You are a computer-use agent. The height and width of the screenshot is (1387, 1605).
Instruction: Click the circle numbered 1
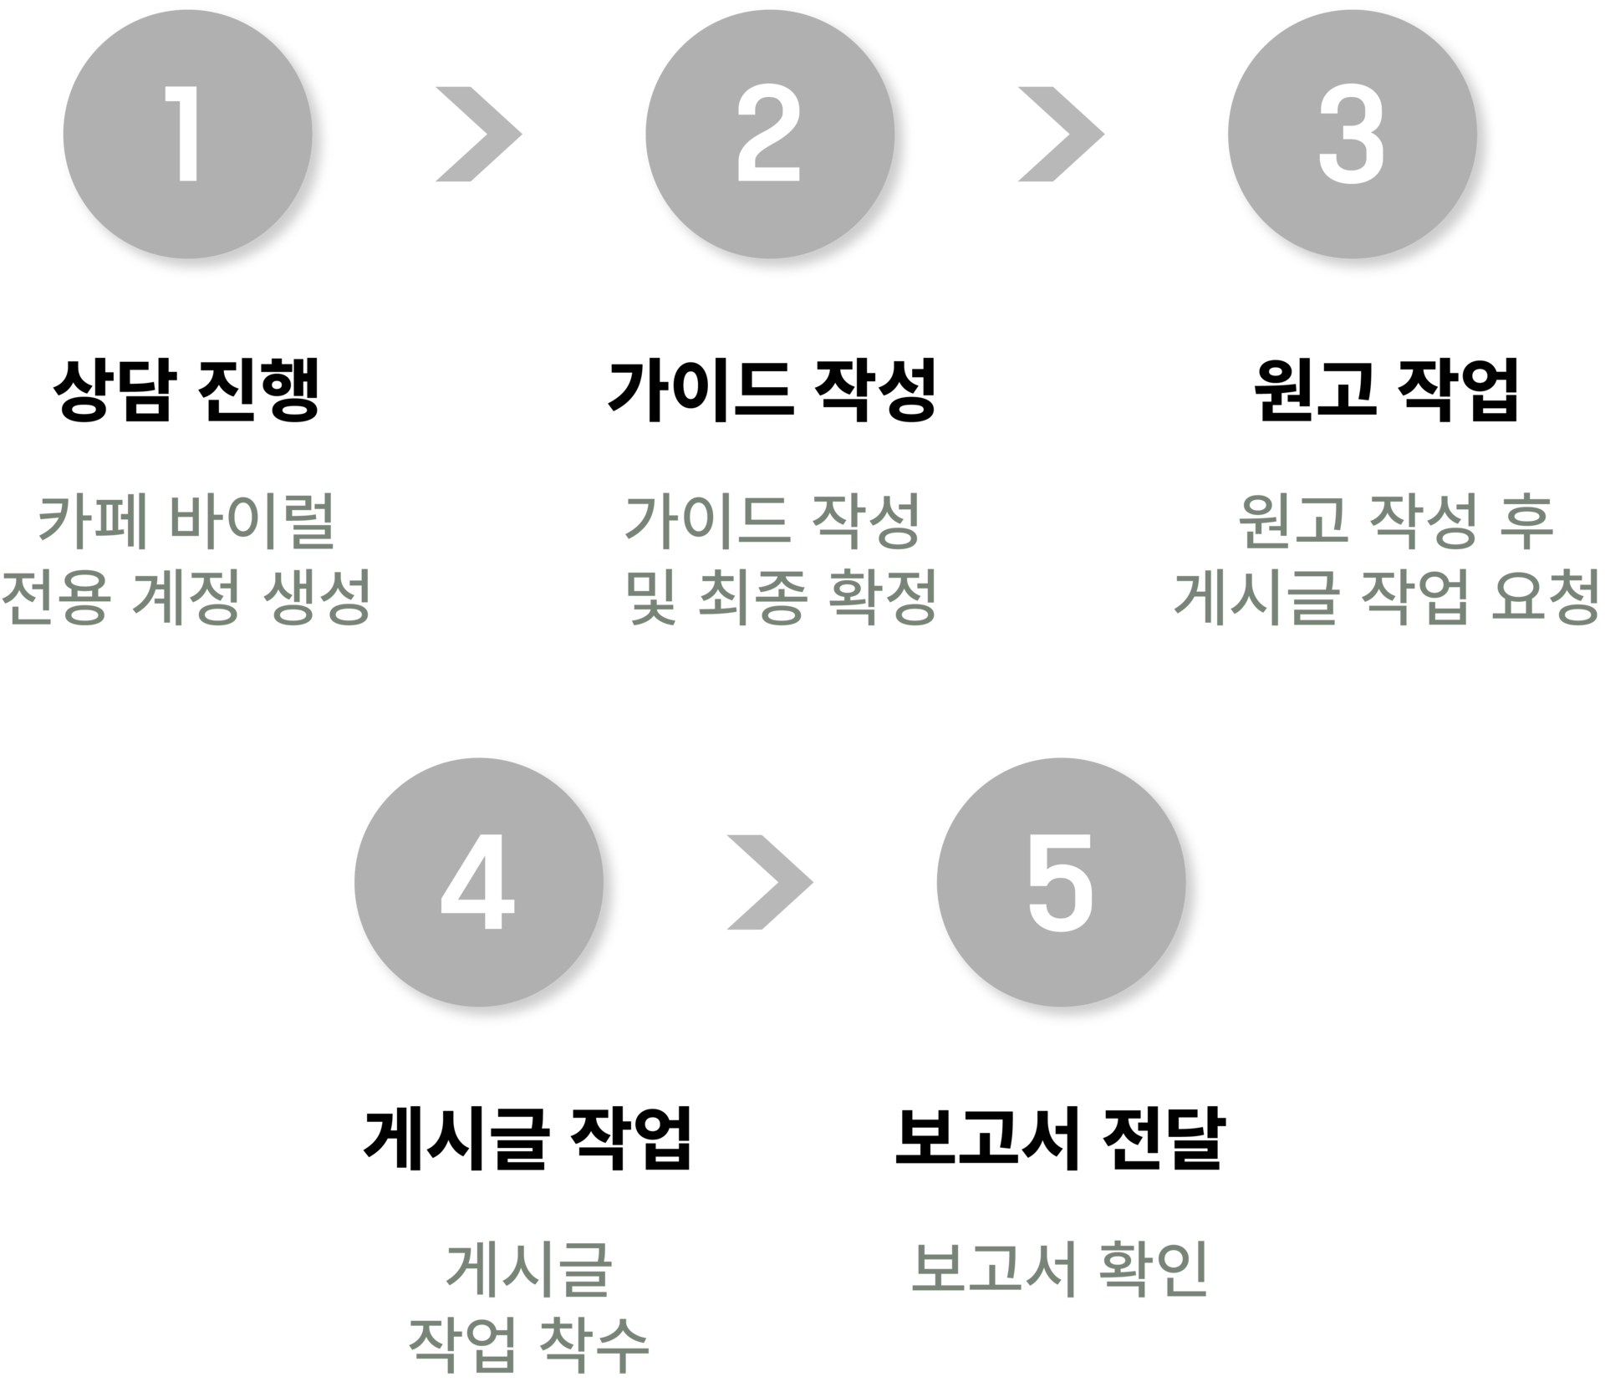tap(187, 135)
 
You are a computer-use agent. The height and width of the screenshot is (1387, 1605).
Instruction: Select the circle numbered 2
tap(769, 135)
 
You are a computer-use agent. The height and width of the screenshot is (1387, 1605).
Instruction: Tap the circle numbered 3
tap(1352, 135)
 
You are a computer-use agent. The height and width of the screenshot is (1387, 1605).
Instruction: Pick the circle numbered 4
tap(478, 882)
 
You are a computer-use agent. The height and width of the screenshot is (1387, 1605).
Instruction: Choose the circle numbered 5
tap(1060, 882)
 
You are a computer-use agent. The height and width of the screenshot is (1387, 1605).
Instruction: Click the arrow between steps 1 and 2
tap(478, 135)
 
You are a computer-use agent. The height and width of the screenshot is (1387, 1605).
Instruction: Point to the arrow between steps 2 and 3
tap(1060, 135)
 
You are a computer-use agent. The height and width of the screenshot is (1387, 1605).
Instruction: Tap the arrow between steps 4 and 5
tap(769, 882)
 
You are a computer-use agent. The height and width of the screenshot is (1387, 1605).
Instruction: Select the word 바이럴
tap(251, 523)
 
